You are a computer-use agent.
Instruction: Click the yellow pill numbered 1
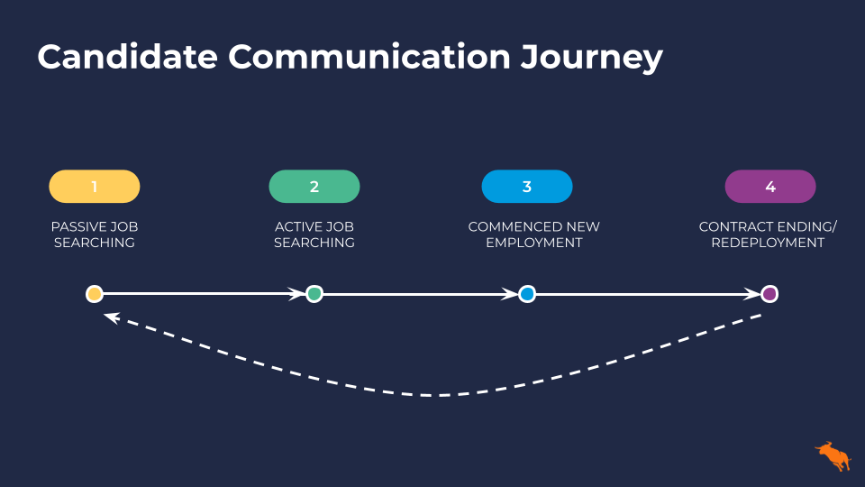95,187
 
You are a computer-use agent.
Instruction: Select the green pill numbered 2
314,187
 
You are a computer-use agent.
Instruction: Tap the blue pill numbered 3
527,187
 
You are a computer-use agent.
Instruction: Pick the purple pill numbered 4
770,187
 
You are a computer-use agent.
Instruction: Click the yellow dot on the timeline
95,294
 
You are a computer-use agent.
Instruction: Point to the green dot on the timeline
314,294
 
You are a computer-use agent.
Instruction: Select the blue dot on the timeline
527,294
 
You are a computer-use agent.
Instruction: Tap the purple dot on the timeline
769,294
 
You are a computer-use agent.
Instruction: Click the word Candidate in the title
127,56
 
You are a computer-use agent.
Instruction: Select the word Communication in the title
369,56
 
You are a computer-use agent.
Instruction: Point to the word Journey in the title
591,59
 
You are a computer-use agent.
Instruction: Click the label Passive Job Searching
95,234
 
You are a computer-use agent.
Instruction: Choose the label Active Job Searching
314,234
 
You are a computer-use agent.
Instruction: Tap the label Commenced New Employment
534,234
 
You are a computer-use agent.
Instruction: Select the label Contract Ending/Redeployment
768,234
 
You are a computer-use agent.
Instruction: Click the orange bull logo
833,456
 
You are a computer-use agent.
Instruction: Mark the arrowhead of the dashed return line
112,317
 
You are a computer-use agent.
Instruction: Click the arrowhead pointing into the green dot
297,294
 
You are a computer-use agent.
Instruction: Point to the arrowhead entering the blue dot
510,294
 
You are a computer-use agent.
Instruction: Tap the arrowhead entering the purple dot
752,294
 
